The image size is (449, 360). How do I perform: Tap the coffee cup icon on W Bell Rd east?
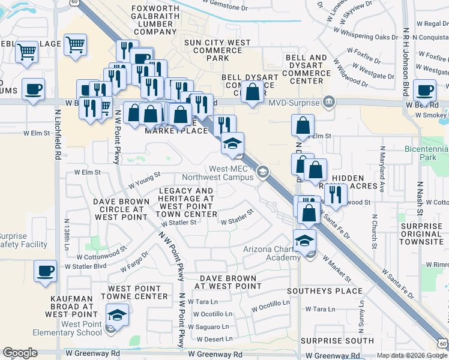(x=425, y=90)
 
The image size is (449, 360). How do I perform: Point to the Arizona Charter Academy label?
(x=271, y=253)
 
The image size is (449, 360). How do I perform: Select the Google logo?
(x=20, y=353)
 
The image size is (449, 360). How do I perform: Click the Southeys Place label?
(x=324, y=291)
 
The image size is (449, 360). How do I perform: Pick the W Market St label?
(x=336, y=268)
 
